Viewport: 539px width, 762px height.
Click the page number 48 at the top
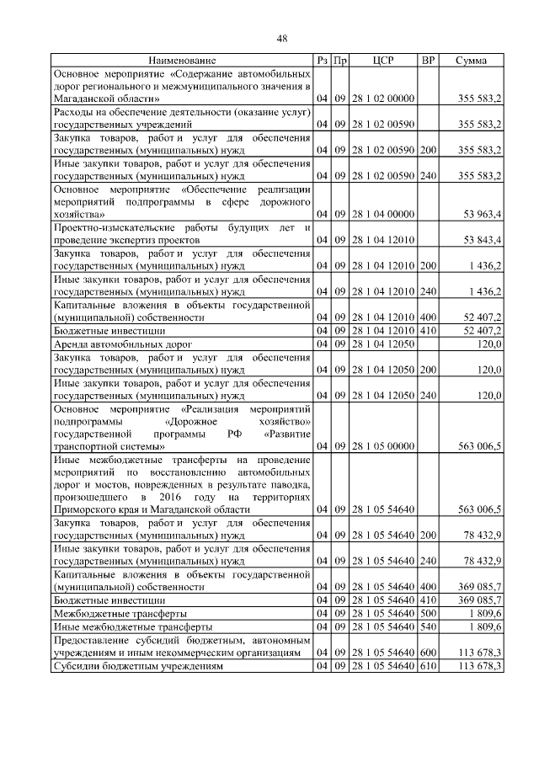click(x=282, y=38)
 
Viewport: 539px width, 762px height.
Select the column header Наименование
click(x=182, y=61)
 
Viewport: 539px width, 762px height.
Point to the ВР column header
click(x=428, y=61)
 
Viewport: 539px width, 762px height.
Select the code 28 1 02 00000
click(x=383, y=99)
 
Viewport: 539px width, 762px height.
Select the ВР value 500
click(x=428, y=614)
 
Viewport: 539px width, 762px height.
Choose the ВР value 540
click(x=428, y=627)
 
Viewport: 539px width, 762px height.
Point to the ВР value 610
click(x=428, y=666)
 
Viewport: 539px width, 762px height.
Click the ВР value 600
click(x=428, y=653)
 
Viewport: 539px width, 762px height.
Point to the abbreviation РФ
click(x=235, y=434)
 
